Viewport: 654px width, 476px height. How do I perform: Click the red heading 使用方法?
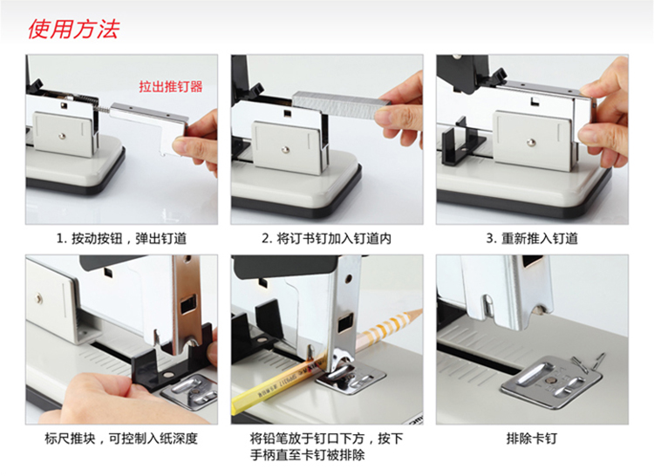(73, 29)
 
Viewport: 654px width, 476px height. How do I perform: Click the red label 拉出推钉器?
(171, 86)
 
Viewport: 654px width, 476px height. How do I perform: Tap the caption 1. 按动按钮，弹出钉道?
(121, 238)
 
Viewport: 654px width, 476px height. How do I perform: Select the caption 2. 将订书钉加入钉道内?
(327, 238)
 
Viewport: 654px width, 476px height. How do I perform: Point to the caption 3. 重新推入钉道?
(532, 238)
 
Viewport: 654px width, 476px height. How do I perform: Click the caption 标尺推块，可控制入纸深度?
(121, 439)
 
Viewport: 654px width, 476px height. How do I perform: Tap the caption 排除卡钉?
(532, 439)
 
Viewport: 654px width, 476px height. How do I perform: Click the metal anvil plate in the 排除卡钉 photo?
(550, 381)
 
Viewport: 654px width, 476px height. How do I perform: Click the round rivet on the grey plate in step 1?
(62, 135)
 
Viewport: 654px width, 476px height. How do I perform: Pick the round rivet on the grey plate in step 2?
(285, 149)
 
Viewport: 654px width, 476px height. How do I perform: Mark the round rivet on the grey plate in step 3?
(531, 143)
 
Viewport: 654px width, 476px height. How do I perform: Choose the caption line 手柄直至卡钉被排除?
(308, 455)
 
